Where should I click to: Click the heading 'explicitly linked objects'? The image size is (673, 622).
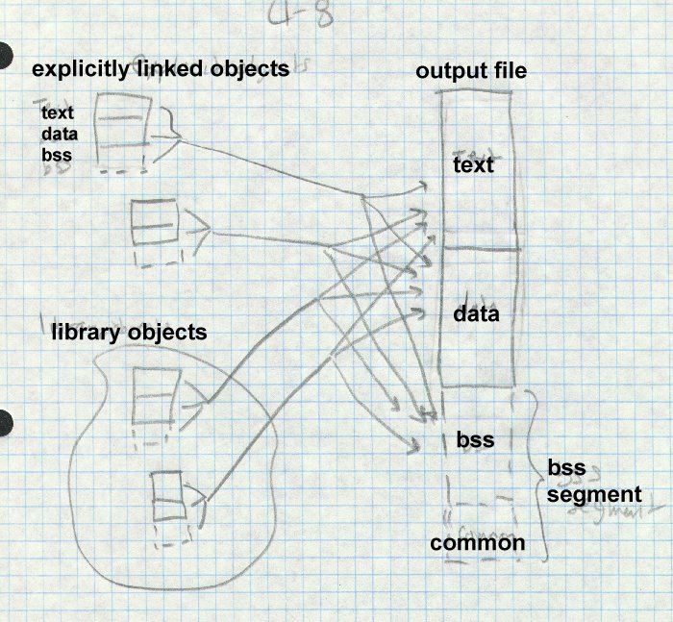pos(161,69)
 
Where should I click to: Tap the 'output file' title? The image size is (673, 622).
pos(471,73)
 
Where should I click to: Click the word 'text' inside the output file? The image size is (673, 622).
pos(472,165)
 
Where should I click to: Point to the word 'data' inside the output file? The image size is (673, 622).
pos(475,313)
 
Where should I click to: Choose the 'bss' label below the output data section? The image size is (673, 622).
pos(475,440)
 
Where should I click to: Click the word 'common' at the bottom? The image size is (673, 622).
pos(478,543)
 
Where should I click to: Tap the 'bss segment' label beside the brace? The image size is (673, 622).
pos(593,481)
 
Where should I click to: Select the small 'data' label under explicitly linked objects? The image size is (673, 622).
pos(59,136)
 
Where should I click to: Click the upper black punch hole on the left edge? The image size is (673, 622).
pos(5,55)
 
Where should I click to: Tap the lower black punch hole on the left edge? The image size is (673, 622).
pos(5,420)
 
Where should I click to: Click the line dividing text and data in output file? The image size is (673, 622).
pos(480,249)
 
